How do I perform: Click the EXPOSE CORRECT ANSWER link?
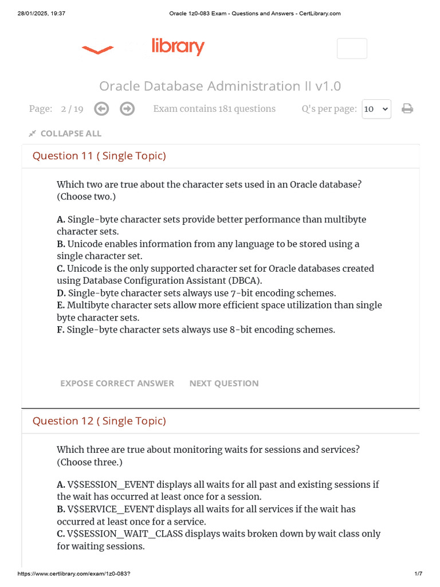point(117,383)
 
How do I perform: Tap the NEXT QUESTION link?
point(224,383)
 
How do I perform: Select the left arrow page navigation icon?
point(101,109)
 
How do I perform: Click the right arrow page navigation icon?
point(127,109)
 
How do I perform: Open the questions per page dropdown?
point(376,109)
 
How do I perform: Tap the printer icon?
point(407,109)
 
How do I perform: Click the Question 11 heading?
point(99,156)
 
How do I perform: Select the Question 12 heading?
point(99,421)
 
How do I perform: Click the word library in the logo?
point(178,47)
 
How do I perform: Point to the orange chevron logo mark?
point(97,50)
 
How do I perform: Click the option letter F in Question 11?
point(60,330)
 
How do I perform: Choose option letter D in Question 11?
point(61,293)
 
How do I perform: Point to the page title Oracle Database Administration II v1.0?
point(220,86)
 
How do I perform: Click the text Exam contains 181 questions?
point(214,109)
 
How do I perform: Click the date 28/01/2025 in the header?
point(34,14)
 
